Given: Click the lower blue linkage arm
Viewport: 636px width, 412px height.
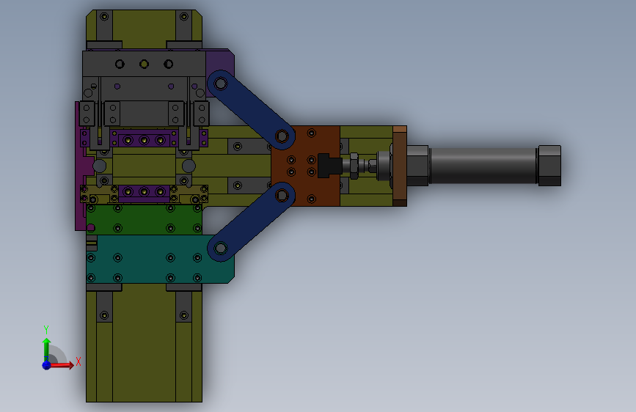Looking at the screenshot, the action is tap(251, 221).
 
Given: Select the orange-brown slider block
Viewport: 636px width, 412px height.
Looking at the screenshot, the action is tap(305, 166).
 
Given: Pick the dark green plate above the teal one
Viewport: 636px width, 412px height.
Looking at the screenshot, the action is tap(144, 219).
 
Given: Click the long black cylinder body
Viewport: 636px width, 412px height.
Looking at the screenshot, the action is tap(483, 166).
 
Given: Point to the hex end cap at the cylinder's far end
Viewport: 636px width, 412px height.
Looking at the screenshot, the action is tap(549, 166).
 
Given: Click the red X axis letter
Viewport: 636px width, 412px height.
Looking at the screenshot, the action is tap(78, 361).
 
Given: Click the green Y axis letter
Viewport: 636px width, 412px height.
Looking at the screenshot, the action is tap(46, 329).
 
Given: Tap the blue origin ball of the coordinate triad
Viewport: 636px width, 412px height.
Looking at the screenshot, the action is tap(47, 365).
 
